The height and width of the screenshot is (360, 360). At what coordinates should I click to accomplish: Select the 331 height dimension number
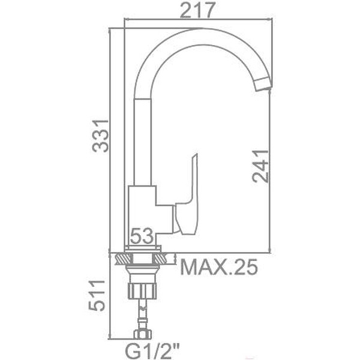point(100,136)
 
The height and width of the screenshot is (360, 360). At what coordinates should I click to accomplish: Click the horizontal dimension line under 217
point(196,20)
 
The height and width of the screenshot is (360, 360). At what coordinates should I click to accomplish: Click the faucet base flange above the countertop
point(142,248)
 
